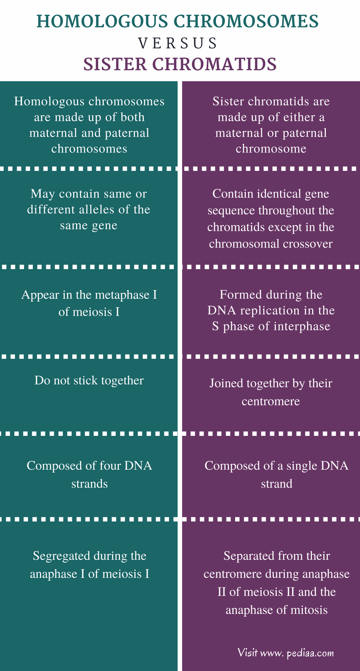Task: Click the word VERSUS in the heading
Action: pos(178,43)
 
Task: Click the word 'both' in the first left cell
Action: pos(134,117)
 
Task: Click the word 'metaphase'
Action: pos(120,295)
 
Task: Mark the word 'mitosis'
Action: pos(310,610)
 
